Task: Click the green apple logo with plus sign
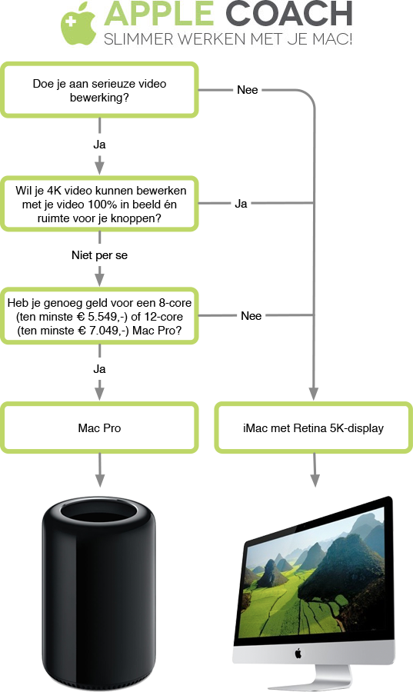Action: [78, 24]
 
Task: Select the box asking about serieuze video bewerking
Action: [99, 90]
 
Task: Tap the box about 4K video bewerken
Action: [99, 204]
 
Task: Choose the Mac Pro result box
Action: [99, 428]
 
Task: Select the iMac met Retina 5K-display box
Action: [313, 428]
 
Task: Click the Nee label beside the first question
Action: [248, 90]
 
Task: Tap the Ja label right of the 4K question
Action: [241, 204]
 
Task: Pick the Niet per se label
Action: [100, 255]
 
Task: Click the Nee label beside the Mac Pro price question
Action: [251, 316]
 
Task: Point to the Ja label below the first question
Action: [100, 145]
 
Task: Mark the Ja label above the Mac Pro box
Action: [100, 369]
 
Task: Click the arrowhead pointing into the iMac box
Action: [314, 394]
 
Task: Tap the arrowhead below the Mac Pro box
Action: [100, 480]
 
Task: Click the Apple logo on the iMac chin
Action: [298, 653]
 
